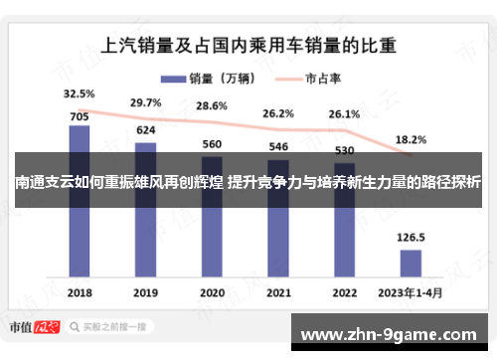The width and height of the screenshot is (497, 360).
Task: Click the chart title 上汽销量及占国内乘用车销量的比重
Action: pyautogui.click(x=249, y=45)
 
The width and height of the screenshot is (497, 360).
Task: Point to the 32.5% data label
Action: pyautogui.click(x=80, y=94)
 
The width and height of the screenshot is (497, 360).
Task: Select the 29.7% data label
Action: pyautogui.click(x=146, y=102)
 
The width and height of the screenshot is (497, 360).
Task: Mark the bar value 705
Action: pyautogui.click(x=80, y=115)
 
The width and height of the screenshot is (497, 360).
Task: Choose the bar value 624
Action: pyautogui.click(x=146, y=131)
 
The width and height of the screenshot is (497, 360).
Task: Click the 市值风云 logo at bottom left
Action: pyautogui.click(x=41, y=326)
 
